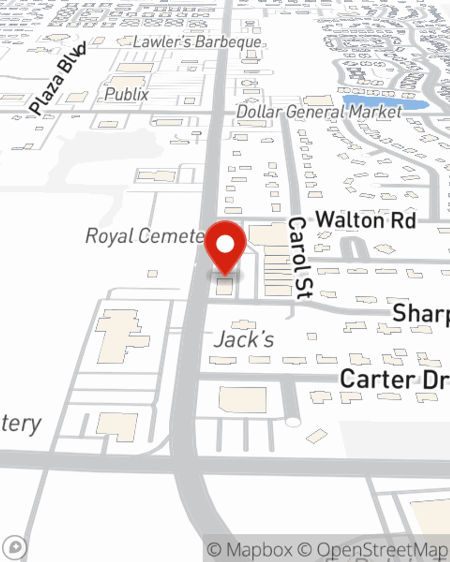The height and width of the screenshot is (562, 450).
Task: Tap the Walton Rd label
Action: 365,220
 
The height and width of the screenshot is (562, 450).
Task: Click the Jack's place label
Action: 244,339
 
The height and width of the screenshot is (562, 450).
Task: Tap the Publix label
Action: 126,94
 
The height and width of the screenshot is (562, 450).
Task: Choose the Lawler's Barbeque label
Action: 197,42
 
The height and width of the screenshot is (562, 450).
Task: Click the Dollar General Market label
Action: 319,112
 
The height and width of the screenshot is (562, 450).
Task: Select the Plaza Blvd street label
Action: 58,79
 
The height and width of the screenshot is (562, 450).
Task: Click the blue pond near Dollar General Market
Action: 385,103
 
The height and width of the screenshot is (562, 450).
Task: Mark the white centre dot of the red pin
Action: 225,245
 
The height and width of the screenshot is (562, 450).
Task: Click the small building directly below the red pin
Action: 225,287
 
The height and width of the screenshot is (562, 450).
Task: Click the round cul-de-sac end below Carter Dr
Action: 293,422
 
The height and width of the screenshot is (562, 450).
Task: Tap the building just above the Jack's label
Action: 243,324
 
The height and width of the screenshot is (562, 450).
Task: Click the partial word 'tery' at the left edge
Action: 21,424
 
